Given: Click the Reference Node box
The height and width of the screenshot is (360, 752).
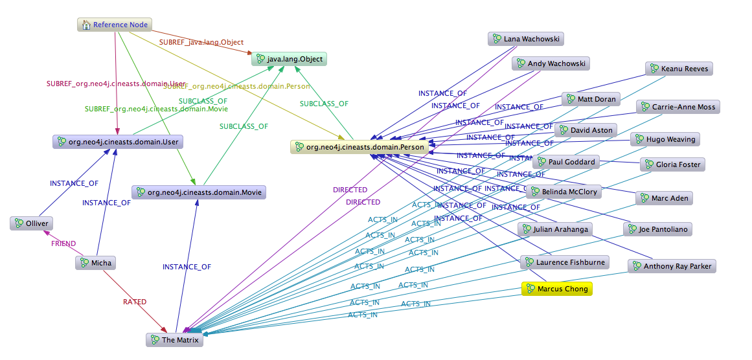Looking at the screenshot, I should point(115,25).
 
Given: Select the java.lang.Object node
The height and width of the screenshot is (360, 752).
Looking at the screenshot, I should point(289,60).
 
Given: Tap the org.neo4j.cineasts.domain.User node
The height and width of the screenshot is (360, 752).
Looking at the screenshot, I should point(118,142).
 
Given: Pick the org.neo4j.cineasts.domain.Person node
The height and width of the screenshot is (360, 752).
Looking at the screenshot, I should point(359,148).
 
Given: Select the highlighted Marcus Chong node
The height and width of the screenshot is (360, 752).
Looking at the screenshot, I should point(557,289).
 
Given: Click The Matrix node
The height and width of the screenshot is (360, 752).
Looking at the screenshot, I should point(175,340).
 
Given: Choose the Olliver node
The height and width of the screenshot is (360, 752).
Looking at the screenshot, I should point(31,223).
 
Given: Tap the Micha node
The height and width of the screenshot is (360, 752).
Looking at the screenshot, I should point(96,263).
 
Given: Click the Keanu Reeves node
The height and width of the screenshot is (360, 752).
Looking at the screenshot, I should point(679,69).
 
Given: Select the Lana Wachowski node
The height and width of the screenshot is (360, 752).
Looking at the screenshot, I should point(525,39).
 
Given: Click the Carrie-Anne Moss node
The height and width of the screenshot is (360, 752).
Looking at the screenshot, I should point(678,107).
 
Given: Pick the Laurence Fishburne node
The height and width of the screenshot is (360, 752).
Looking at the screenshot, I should point(564,262).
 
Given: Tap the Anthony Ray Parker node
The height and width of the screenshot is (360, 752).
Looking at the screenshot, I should point(671,266).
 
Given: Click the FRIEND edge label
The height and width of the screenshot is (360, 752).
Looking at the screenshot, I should point(63,244).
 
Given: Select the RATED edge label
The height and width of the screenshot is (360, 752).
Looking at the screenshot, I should point(135,302).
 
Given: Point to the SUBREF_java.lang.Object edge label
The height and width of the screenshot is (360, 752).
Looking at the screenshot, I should point(201,43).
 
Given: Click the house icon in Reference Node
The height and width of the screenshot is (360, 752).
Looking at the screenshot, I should point(85,25).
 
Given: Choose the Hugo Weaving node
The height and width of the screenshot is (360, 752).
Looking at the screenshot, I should point(665,139).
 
